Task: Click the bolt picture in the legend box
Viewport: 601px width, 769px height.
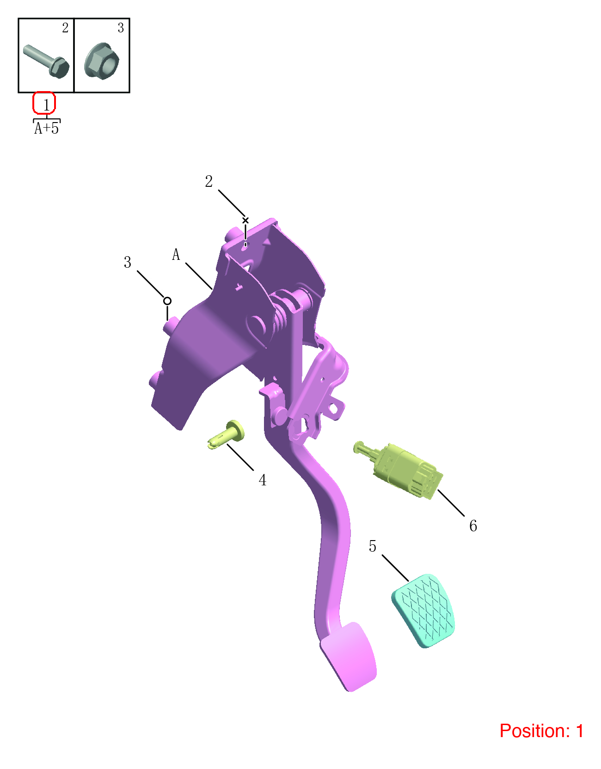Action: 46,61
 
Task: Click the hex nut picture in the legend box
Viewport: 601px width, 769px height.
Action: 102,61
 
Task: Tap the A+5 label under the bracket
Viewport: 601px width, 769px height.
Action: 46,128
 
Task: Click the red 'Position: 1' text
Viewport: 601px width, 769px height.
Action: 541,731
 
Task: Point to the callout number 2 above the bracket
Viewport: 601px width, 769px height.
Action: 209,182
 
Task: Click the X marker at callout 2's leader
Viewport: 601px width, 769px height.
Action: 245,221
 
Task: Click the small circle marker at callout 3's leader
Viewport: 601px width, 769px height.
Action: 167,301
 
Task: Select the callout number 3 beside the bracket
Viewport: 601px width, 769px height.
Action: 127,262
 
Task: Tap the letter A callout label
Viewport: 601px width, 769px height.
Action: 176,254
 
